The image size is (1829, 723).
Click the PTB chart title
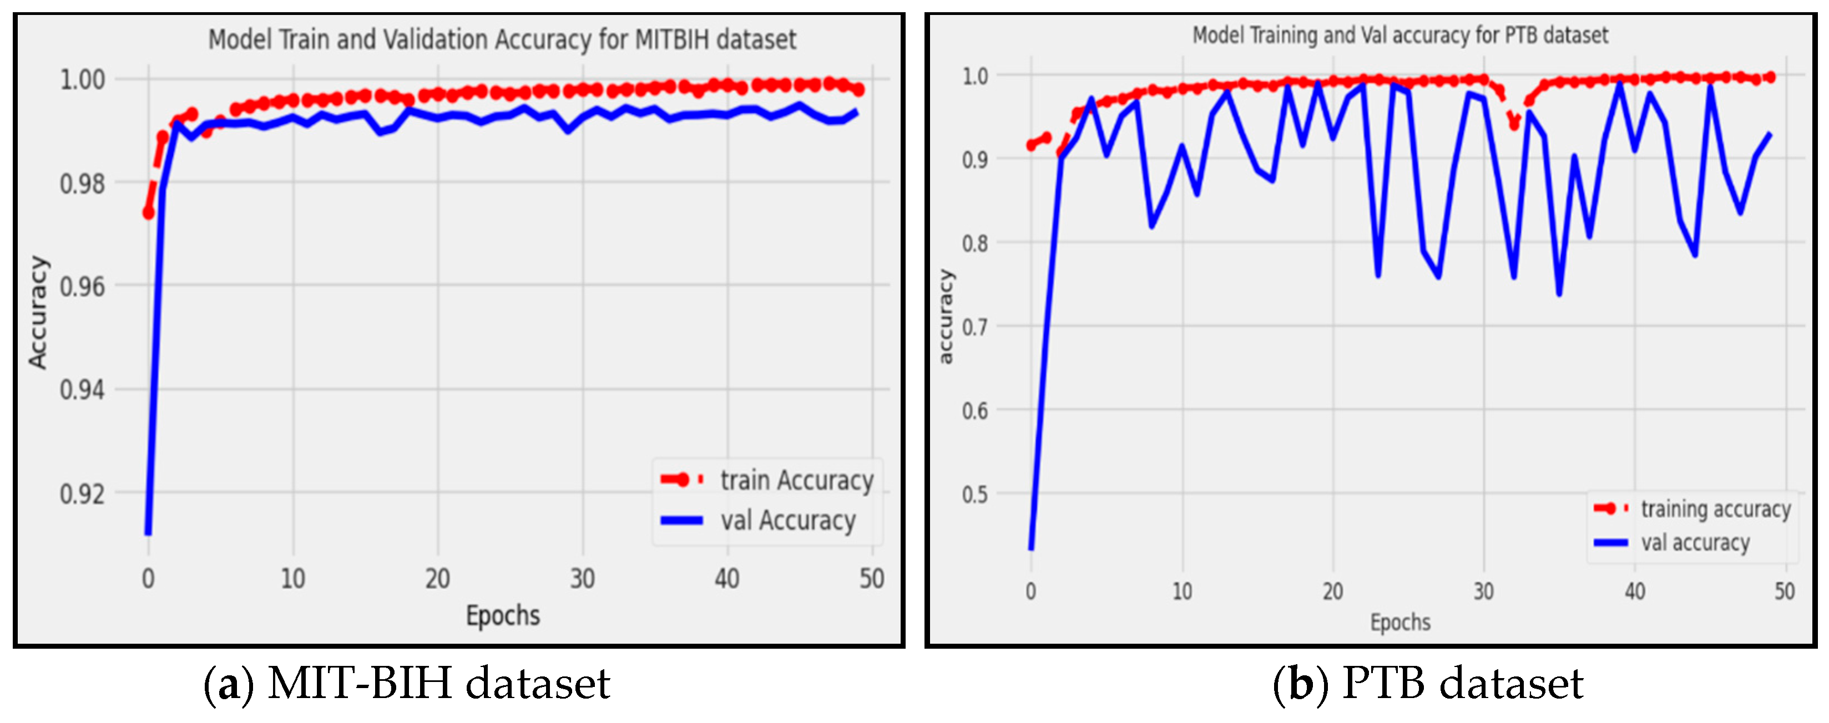click(x=1399, y=35)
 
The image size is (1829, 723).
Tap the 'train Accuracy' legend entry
click(x=796, y=480)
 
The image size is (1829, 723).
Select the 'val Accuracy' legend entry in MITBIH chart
click(x=787, y=520)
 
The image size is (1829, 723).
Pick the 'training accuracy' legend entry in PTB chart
click(x=1715, y=509)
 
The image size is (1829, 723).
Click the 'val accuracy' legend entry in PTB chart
click(x=1694, y=543)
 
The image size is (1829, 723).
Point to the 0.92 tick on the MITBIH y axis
click(x=82, y=493)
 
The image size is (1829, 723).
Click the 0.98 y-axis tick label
click(x=82, y=184)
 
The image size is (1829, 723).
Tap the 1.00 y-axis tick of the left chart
click(x=82, y=79)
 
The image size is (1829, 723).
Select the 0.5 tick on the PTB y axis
click(x=974, y=494)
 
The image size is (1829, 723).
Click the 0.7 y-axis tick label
click(x=974, y=327)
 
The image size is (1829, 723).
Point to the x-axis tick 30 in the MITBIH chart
click(x=582, y=579)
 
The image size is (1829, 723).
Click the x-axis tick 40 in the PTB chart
click(x=1634, y=591)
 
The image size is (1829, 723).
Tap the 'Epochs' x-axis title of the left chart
click(x=503, y=615)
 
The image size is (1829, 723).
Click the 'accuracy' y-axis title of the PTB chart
click(x=945, y=317)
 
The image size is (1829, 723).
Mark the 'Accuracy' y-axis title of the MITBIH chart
click(x=38, y=312)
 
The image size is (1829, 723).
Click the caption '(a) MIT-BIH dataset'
click(x=406, y=684)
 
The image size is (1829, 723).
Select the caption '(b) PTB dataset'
click(x=1427, y=684)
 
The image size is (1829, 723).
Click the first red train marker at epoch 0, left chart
click(x=148, y=212)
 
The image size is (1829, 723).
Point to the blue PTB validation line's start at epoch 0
click(x=1031, y=548)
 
